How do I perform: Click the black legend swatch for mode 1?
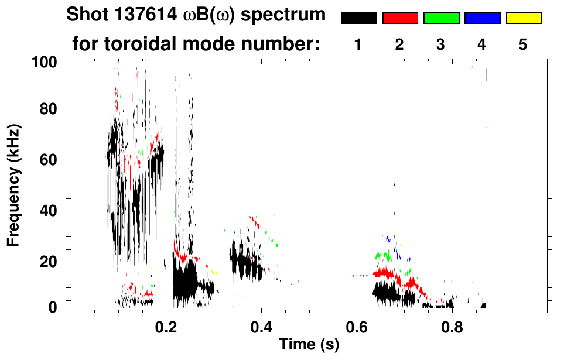(358, 18)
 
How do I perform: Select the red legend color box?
(400, 18)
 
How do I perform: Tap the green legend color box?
(441, 18)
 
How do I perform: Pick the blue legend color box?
(482, 18)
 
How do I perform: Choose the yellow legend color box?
(524, 18)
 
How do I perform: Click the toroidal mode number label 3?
(441, 44)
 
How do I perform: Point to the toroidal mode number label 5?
(523, 44)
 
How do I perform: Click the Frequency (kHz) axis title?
(14, 184)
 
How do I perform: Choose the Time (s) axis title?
(308, 345)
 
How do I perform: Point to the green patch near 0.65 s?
(383, 256)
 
